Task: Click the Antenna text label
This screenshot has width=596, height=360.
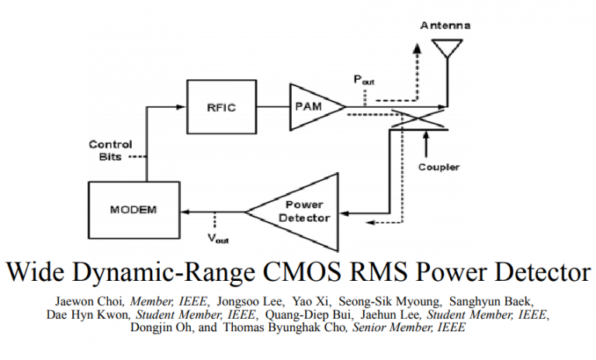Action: point(445,26)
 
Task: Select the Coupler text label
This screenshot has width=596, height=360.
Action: point(439,167)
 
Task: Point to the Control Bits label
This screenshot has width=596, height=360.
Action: point(110,150)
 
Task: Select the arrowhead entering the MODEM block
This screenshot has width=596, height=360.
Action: point(185,210)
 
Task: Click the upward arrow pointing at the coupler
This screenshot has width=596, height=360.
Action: point(426,140)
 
